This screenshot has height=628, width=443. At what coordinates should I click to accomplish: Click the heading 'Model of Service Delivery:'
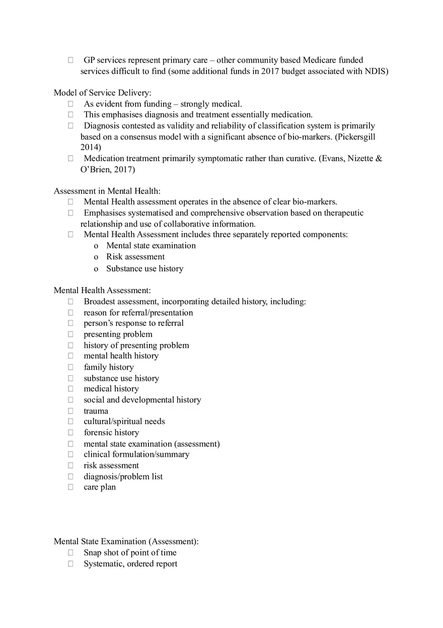click(x=103, y=93)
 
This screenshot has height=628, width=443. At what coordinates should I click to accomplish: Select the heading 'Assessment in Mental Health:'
click(x=107, y=191)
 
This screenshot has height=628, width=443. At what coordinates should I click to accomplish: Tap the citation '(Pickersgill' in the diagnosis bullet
click(x=355, y=136)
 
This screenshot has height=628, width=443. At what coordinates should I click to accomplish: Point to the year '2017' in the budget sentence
click(x=270, y=72)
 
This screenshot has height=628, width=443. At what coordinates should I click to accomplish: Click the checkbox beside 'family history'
click(x=71, y=367)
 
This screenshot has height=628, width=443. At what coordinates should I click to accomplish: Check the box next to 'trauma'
click(x=71, y=411)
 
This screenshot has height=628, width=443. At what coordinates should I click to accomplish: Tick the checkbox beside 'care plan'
click(x=71, y=487)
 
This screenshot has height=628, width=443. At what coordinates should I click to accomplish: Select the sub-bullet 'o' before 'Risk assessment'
click(x=96, y=257)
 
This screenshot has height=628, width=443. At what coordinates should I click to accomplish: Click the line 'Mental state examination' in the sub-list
click(x=151, y=246)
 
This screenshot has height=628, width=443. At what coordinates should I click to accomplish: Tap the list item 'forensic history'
click(x=111, y=433)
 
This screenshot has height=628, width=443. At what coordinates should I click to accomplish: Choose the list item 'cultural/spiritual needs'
click(x=124, y=422)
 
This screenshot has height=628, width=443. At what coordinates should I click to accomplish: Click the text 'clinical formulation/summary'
click(x=136, y=454)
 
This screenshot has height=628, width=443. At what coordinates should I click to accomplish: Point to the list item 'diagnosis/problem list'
click(x=123, y=476)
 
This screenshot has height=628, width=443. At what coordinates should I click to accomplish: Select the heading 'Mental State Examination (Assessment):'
click(x=126, y=541)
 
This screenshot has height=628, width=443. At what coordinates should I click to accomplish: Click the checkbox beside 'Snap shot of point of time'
click(x=71, y=552)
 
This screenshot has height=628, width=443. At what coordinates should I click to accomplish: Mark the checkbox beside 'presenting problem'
click(x=71, y=334)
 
